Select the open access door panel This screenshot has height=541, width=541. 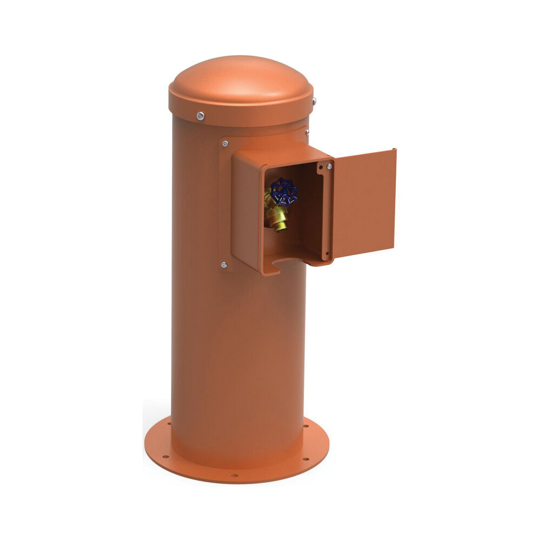[x=364, y=204]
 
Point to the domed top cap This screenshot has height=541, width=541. [x=240, y=81]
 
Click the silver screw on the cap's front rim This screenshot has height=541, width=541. [x=201, y=115]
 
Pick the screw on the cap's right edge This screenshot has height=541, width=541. [x=314, y=101]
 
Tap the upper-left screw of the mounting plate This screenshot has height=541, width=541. [x=225, y=143]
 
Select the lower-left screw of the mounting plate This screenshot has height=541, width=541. [x=223, y=265]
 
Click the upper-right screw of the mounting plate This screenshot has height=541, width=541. [x=307, y=131]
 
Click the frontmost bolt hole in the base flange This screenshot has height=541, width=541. [x=234, y=476]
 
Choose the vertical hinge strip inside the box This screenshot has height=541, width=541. [x=326, y=211]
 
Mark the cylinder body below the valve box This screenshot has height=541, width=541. [x=238, y=352]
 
